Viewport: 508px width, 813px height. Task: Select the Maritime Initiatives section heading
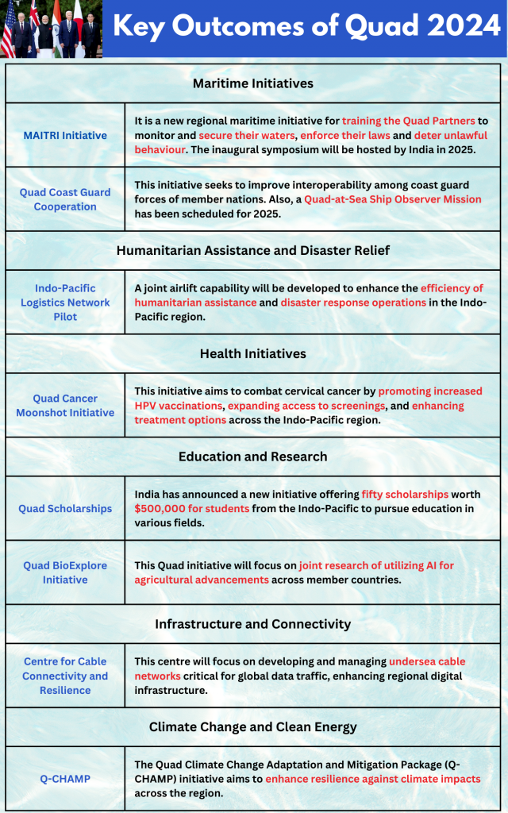pyautogui.click(x=253, y=83)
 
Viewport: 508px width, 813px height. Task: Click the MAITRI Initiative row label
pyautogui.click(x=65, y=135)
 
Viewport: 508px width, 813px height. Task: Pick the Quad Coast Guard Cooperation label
pyautogui.click(x=65, y=199)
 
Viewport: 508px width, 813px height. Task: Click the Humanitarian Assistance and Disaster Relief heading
pyautogui.click(x=253, y=250)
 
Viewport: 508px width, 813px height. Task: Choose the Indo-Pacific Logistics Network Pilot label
pyautogui.click(x=65, y=302)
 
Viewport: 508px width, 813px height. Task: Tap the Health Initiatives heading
pyautogui.click(x=253, y=353)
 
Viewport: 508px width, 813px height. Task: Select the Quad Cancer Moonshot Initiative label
pyautogui.click(x=65, y=406)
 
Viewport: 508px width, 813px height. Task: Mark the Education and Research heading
pyautogui.click(x=253, y=457)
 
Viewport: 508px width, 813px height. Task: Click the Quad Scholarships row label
pyautogui.click(x=65, y=508)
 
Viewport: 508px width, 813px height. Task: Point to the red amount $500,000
pyautogui.click(x=160, y=508)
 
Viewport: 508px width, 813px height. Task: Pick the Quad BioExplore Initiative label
pyautogui.click(x=65, y=572)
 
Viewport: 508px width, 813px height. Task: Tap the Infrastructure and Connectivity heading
pyautogui.click(x=253, y=623)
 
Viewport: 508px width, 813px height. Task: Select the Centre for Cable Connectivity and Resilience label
pyautogui.click(x=65, y=676)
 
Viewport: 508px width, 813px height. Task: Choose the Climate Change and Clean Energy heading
pyautogui.click(x=253, y=726)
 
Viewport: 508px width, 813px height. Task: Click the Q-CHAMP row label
pyautogui.click(x=65, y=779)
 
